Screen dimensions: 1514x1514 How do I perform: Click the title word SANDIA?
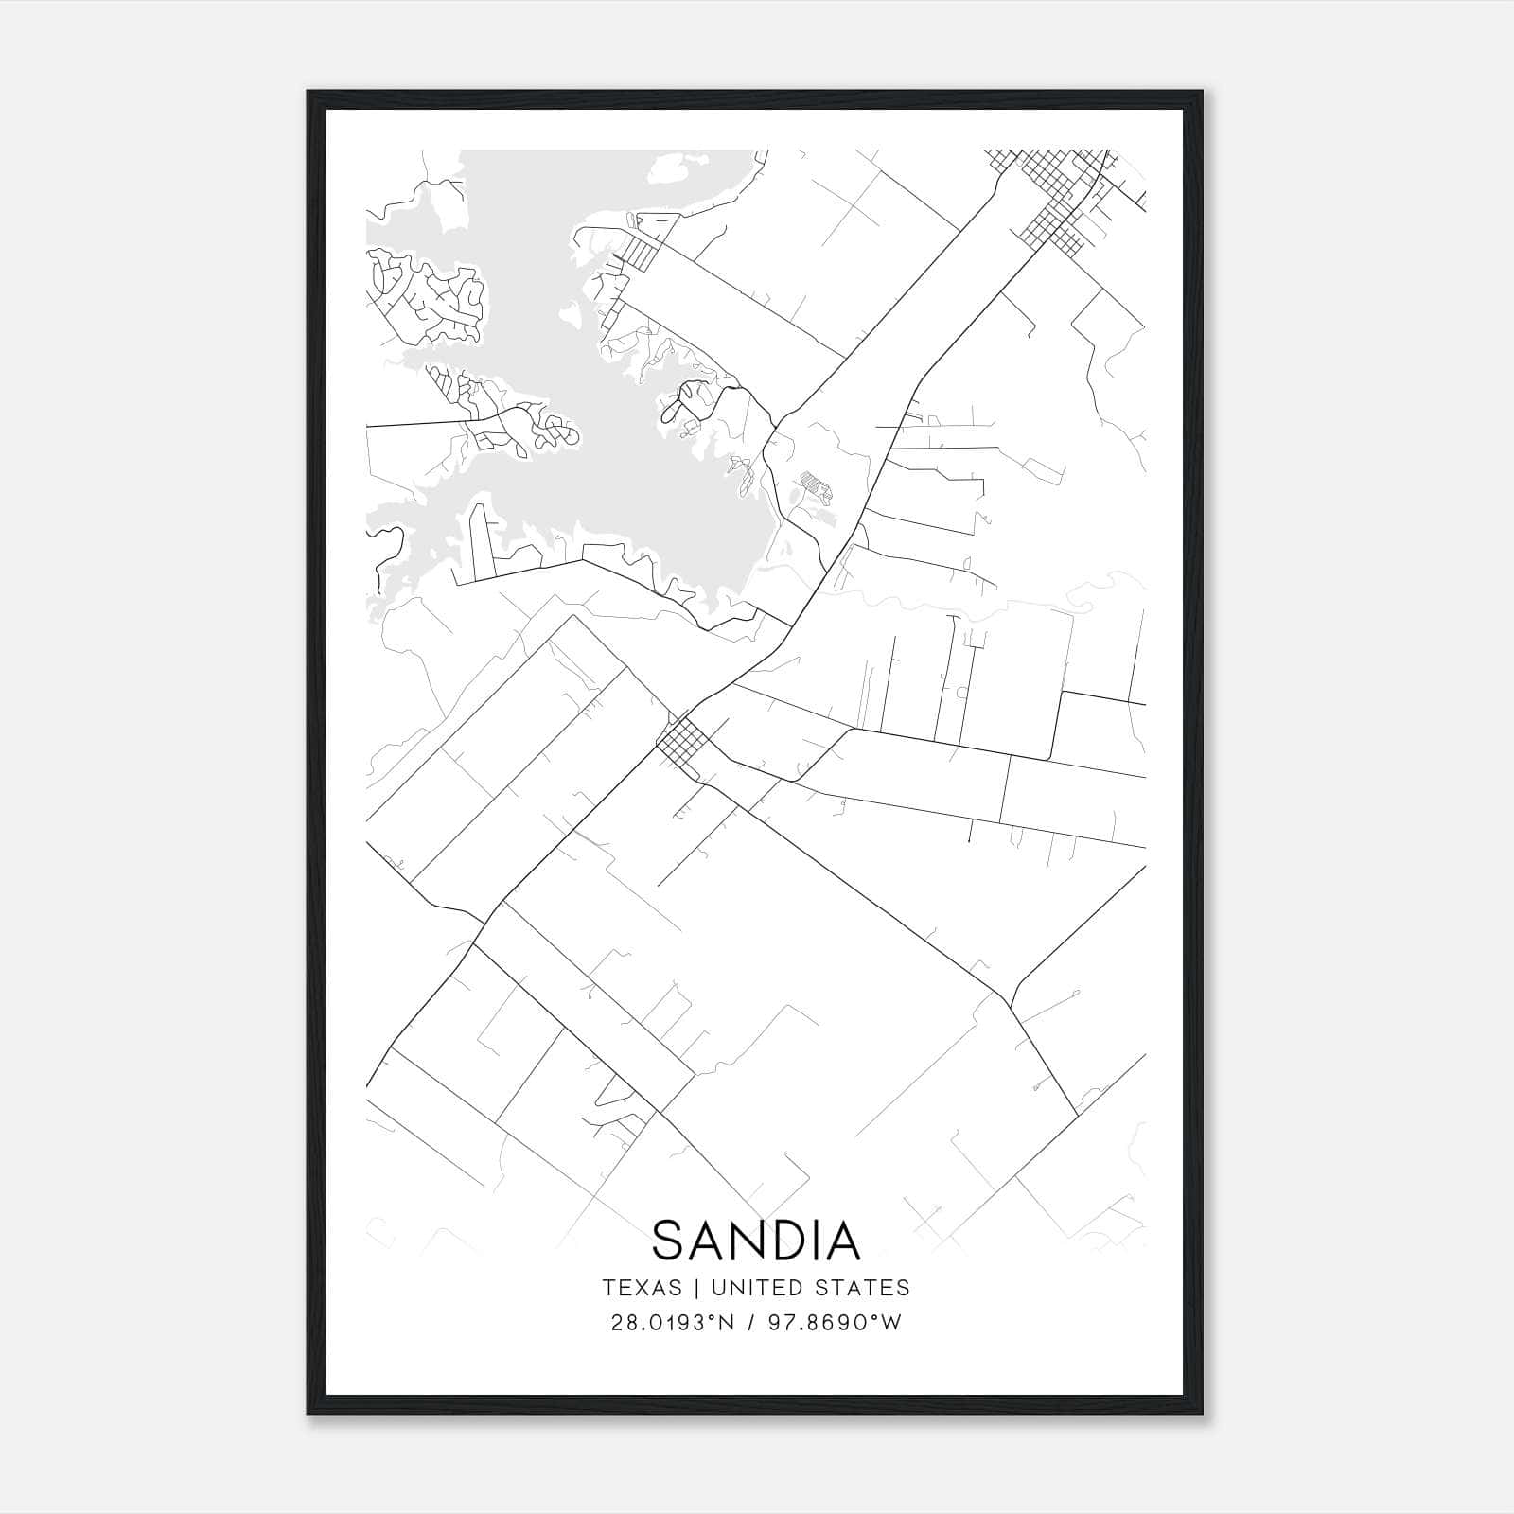(756, 1241)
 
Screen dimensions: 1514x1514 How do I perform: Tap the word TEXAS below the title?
(642, 1288)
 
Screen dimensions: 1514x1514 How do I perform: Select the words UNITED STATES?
(810, 1288)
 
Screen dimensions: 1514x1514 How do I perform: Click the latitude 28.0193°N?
(673, 1323)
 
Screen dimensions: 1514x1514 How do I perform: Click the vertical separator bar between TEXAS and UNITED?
(696, 1288)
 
